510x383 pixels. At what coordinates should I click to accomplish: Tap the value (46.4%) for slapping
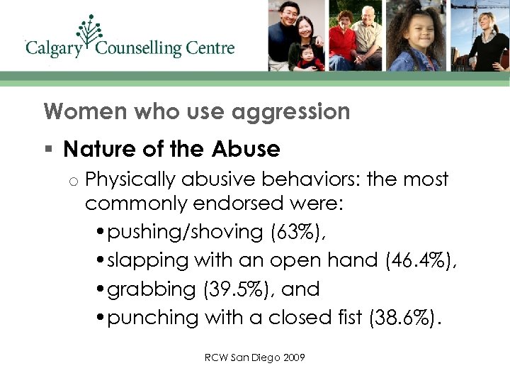click(x=421, y=260)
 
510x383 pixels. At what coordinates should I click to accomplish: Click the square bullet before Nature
click(x=47, y=150)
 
